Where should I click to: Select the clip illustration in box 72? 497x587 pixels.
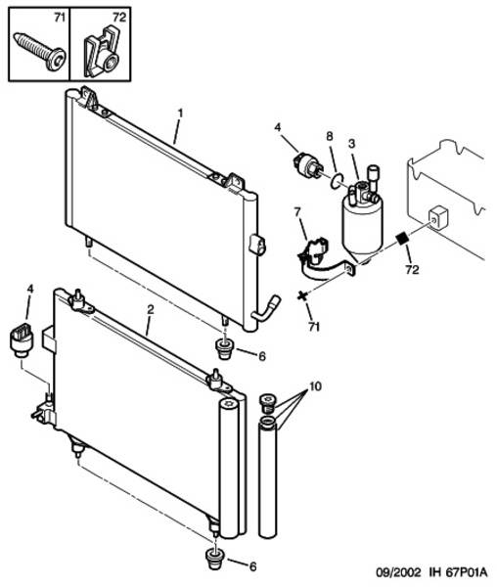coord(102,52)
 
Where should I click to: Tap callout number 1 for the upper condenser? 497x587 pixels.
coord(180,113)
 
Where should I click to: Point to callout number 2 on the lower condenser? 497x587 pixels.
coord(150,309)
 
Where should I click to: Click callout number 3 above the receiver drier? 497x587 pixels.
coord(351,144)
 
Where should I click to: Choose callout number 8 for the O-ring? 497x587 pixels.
coord(330,136)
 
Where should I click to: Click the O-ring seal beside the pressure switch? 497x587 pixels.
coord(338,180)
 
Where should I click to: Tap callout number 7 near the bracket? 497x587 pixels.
coord(297,212)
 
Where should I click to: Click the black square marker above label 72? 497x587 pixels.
coord(402,239)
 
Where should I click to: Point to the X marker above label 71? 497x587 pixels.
coord(302,295)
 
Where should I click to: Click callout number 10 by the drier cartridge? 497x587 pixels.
coord(315,386)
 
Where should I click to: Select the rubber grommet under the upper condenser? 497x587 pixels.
coord(224,349)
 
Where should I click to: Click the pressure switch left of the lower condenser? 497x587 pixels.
coord(21,339)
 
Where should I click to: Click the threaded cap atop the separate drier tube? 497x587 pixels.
coord(267,403)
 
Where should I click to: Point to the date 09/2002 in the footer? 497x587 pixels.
coord(398,572)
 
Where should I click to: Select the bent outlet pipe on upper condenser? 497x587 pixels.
coord(266,308)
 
